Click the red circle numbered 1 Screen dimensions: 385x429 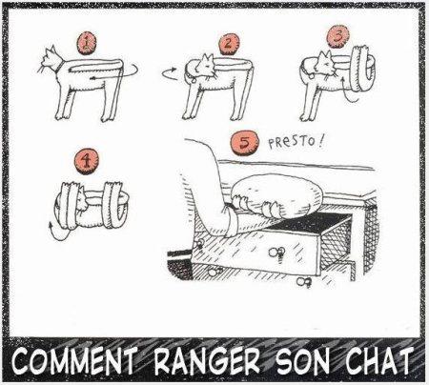tap(87, 43)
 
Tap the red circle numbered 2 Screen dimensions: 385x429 tap(229, 44)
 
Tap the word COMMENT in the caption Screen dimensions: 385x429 tap(73, 363)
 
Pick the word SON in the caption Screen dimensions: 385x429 tap(307, 363)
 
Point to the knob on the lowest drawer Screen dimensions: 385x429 tap(306, 283)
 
